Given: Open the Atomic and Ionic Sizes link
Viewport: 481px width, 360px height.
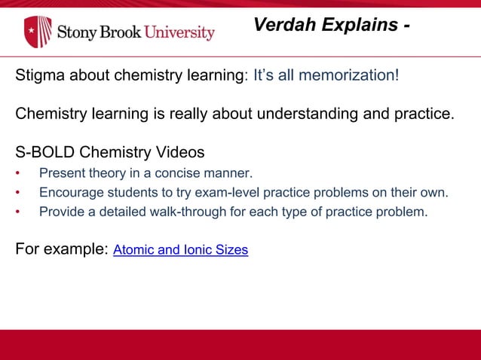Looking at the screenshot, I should [180, 250].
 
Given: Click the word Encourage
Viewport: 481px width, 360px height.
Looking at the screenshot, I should [69, 192].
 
